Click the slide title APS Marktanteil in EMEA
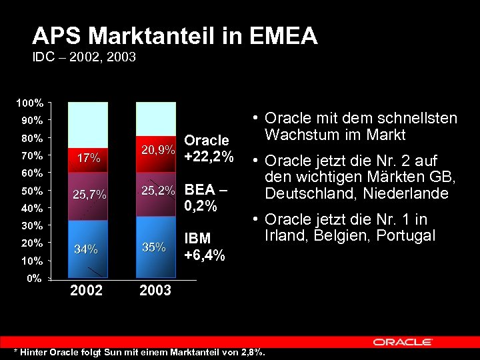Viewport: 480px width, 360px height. [x=175, y=36]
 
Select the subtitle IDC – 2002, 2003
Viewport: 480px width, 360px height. [x=84, y=57]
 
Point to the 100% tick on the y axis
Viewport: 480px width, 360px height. [x=31, y=103]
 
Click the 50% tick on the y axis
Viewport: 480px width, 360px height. [x=31, y=190]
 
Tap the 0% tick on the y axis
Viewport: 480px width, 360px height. [x=33, y=277]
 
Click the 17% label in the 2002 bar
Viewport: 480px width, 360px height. [x=89, y=159]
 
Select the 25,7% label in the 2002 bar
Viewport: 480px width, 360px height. [x=89, y=195]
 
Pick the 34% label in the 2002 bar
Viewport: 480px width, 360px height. [x=87, y=249]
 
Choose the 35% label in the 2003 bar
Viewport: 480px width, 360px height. [x=154, y=247]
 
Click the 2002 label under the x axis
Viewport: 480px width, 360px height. [x=87, y=291]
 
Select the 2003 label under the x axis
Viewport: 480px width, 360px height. [x=155, y=291]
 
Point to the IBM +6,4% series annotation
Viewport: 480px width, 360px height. [x=204, y=247]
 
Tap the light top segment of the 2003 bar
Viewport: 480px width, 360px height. [x=155, y=120]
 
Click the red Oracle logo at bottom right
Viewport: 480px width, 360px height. [x=402, y=342]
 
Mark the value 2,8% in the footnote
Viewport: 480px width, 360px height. [x=253, y=351]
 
